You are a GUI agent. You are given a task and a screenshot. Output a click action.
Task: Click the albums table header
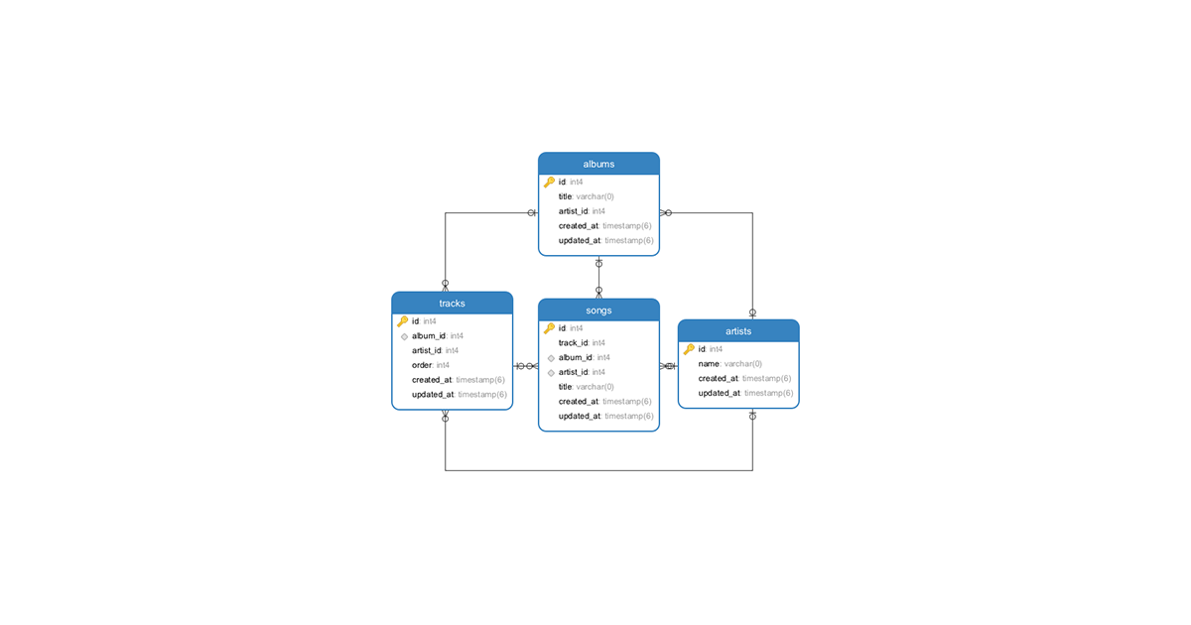pyautogui.click(x=598, y=164)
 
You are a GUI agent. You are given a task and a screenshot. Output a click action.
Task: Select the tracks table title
pyautogui.click(x=452, y=304)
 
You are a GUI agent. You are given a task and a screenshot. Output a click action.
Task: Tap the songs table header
pyautogui.click(x=598, y=311)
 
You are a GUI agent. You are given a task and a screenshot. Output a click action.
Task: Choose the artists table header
pyautogui.click(x=737, y=331)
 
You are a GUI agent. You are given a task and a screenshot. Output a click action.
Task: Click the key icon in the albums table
pyautogui.click(x=549, y=183)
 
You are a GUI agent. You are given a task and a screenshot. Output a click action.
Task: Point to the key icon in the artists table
pyautogui.click(x=689, y=349)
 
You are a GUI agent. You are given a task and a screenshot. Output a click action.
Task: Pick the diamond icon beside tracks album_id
pyautogui.click(x=404, y=336)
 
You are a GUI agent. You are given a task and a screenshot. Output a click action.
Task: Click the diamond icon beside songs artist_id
pyautogui.click(x=551, y=373)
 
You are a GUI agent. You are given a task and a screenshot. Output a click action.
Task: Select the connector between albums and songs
pyautogui.click(x=598, y=278)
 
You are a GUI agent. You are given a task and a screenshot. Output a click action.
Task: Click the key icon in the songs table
pyautogui.click(x=549, y=328)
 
